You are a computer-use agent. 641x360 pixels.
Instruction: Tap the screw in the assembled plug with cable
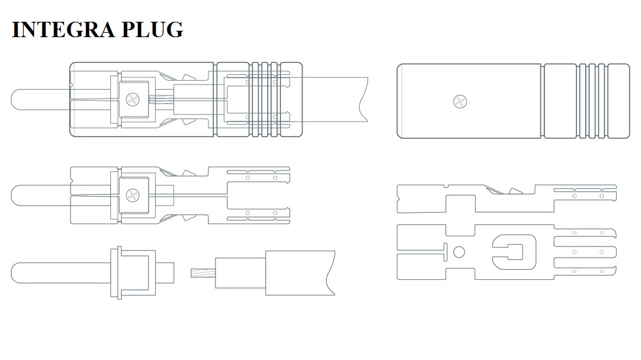[x=133, y=99]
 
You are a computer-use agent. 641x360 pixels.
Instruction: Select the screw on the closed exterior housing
[x=459, y=101]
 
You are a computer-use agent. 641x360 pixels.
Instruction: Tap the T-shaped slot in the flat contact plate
[x=444, y=252]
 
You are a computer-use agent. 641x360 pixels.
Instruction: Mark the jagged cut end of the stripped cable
[x=329, y=272]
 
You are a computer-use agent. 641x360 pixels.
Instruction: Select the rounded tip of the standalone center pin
[x=17, y=273]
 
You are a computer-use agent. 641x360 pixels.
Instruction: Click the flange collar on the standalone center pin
[x=117, y=273]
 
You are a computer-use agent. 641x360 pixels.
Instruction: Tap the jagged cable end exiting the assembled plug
[x=364, y=99]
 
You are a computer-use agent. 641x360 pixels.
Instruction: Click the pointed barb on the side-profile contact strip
[x=513, y=190]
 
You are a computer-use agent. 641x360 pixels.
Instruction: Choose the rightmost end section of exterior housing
[x=618, y=101]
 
